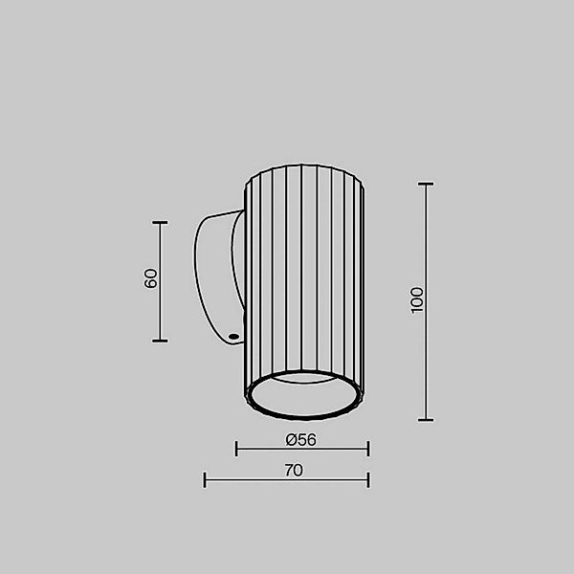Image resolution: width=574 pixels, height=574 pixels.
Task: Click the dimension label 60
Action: (150, 279)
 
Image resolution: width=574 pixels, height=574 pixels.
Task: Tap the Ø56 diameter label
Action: (301, 440)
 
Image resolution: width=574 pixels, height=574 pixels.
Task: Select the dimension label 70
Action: (294, 470)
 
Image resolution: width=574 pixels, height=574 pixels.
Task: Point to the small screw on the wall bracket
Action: (232, 336)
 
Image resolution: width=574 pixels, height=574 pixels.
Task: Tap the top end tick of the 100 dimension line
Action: (426, 183)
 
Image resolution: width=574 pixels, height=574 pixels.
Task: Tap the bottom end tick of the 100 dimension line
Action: (426, 419)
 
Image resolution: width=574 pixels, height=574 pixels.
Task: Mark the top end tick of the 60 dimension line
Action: (161, 222)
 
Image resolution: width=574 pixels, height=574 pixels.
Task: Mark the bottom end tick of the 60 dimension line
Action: (161, 341)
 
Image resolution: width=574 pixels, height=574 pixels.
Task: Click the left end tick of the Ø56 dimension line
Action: (236, 447)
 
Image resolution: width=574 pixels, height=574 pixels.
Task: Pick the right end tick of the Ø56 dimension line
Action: (368, 447)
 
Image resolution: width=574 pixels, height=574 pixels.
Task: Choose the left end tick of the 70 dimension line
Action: (205, 479)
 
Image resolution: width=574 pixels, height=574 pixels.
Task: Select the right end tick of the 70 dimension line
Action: (368, 479)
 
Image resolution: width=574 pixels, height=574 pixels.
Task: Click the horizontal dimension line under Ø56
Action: (302, 448)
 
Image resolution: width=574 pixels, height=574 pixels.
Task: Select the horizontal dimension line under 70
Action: (287, 480)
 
